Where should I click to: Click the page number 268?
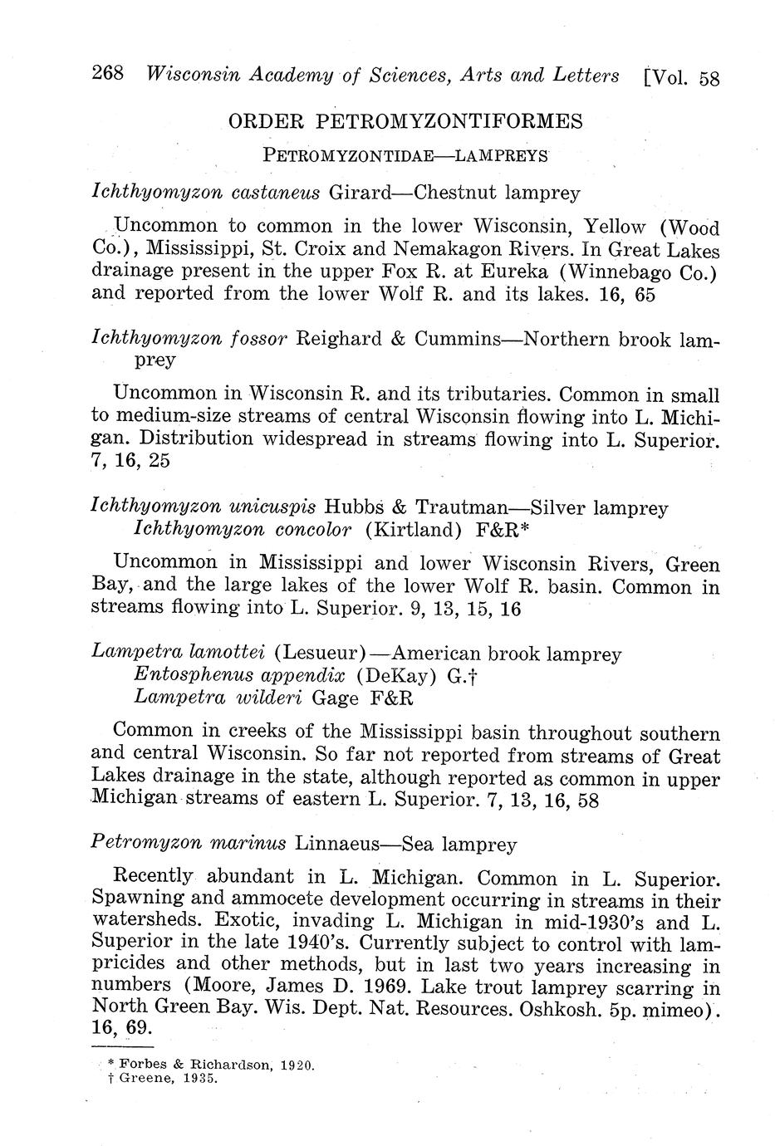click(x=108, y=74)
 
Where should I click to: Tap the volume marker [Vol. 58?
click(x=681, y=77)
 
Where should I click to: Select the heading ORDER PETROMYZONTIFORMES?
click(x=405, y=122)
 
